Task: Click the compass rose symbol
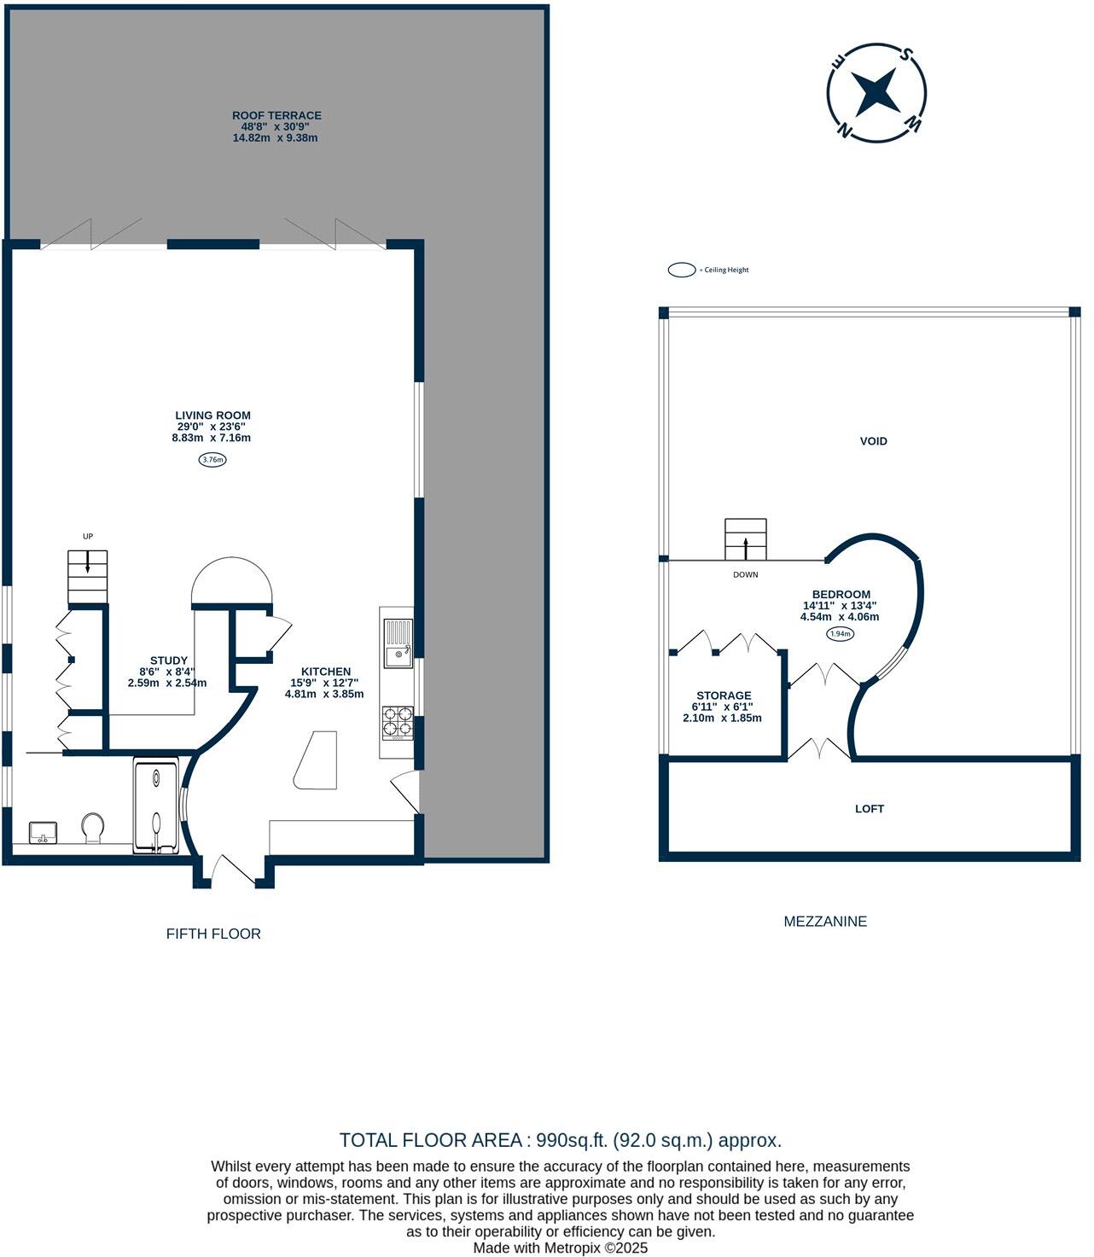pyautogui.click(x=876, y=92)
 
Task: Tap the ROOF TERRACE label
pyautogui.click(x=276, y=115)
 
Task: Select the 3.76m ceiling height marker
pyautogui.click(x=212, y=460)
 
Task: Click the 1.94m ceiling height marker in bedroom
pyautogui.click(x=840, y=634)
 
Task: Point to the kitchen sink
pyautogui.click(x=398, y=644)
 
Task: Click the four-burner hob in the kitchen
pyautogui.click(x=397, y=721)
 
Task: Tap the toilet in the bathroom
pyautogui.click(x=93, y=827)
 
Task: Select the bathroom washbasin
pyautogui.click(x=43, y=831)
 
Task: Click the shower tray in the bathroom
pyautogui.click(x=156, y=807)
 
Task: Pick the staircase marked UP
pyautogui.click(x=88, y=576)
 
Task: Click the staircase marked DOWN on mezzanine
pyautogui.click(x=745, y=539)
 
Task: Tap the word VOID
pyautogui.click(x=873, y=441)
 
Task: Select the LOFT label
pyautogui.click(x=869, y=808)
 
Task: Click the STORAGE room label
pyautogui.click(x=724, y=695)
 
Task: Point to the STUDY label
pyautogui.click(x=169, y=661)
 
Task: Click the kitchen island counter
pyautogui.click(x=317, y=760)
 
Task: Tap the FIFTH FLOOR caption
pyautogui.click(x=213, y=934)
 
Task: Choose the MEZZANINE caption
pyautogui.click(x=825, y=921)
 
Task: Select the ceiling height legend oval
pyautogui.click(x=682, y=270)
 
